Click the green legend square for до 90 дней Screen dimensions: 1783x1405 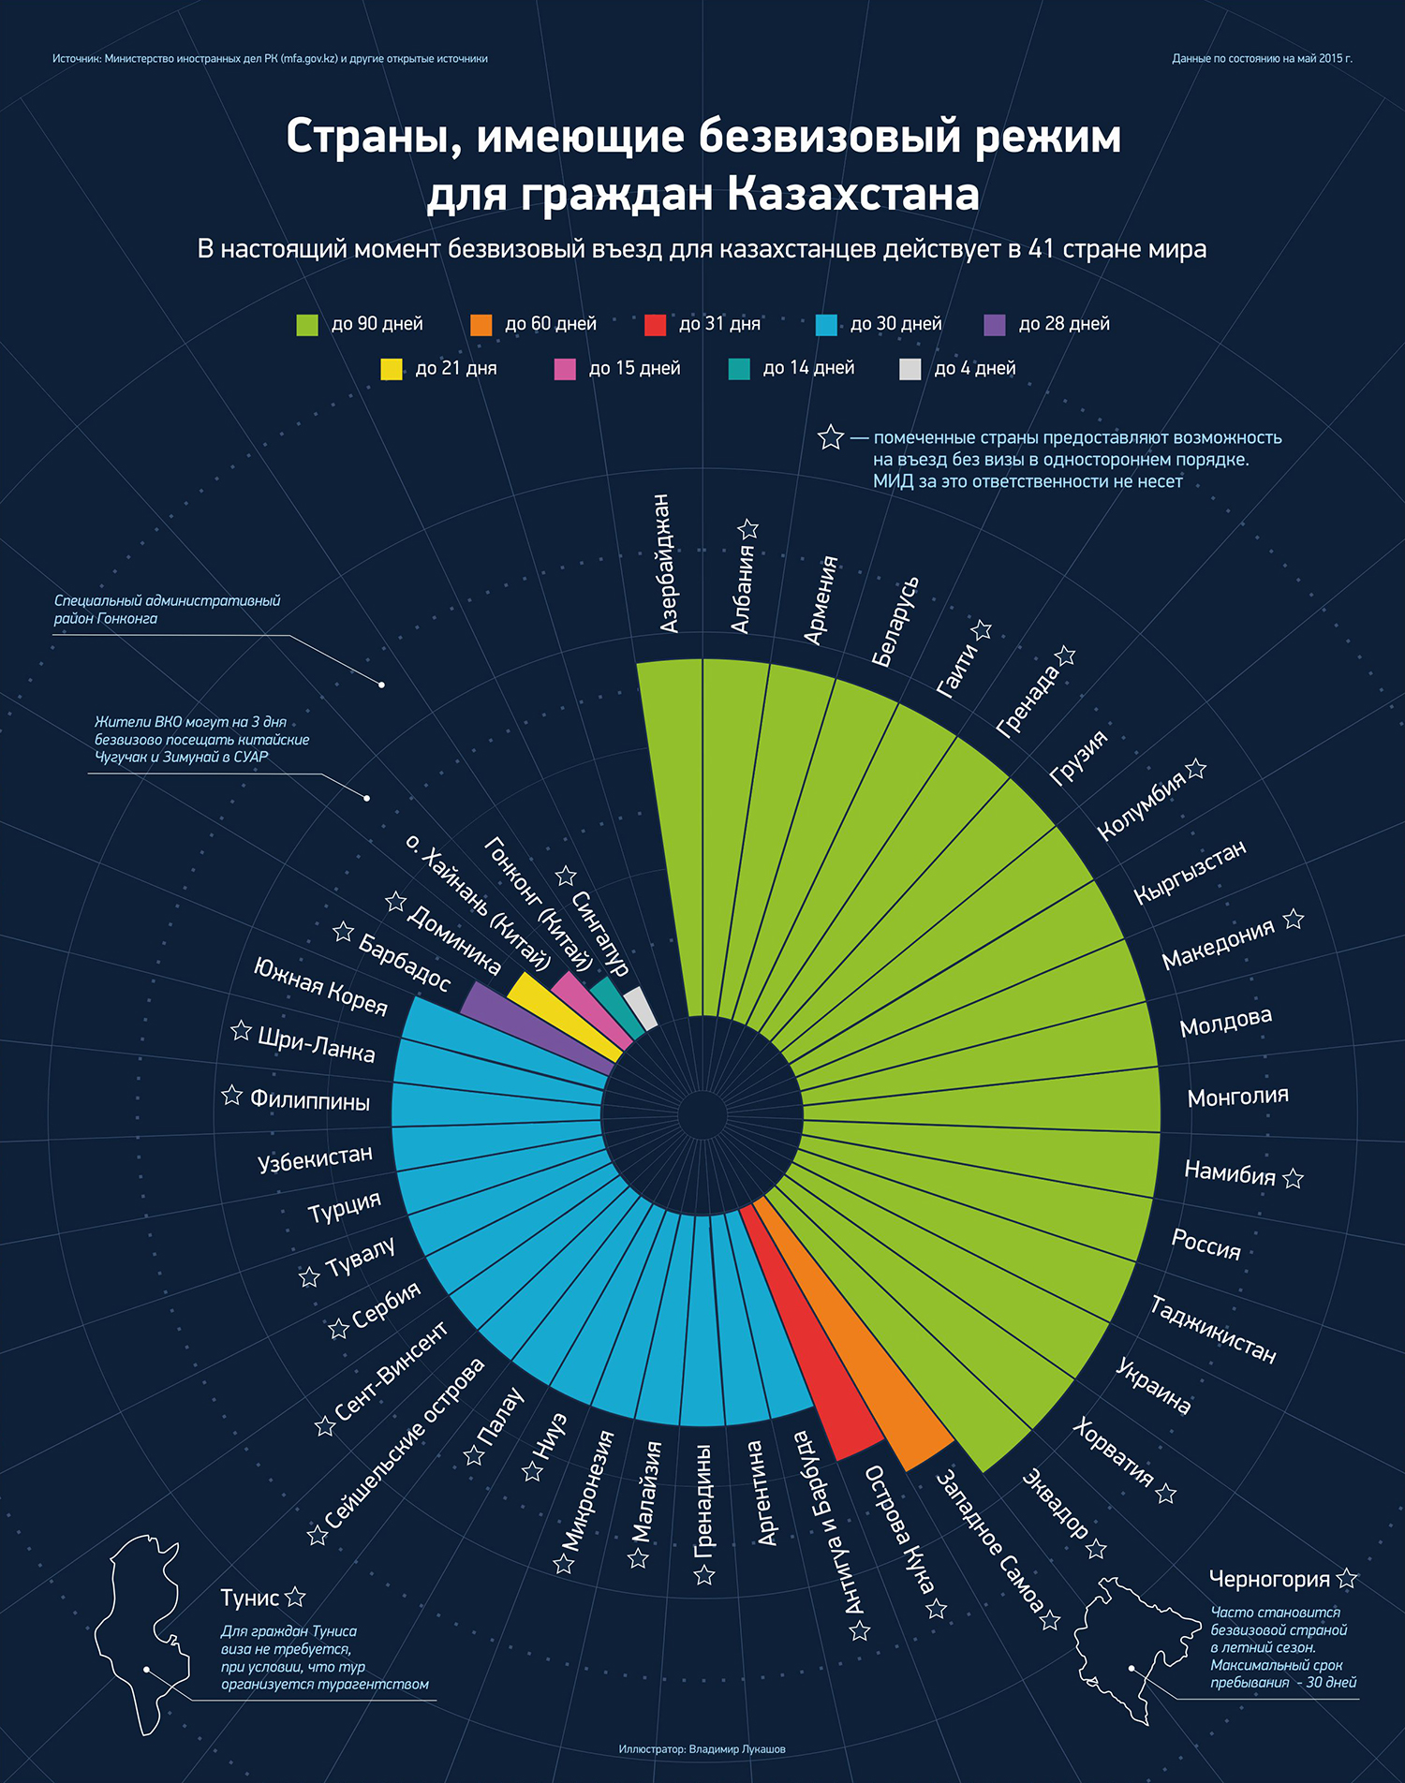307,325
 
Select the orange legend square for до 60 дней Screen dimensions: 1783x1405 481,325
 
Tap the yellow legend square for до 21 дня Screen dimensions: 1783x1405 392,369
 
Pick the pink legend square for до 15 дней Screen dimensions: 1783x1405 565,369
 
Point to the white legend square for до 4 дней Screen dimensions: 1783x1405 910,369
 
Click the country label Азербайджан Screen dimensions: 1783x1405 666,564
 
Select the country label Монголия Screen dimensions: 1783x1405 1237,1097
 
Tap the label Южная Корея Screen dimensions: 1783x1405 320,986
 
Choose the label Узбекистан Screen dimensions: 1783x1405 315,1158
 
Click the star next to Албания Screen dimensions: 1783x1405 747,529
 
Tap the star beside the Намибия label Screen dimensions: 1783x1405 1294,1178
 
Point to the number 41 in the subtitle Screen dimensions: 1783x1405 1041,249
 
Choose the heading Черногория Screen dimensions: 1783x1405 1269,1579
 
